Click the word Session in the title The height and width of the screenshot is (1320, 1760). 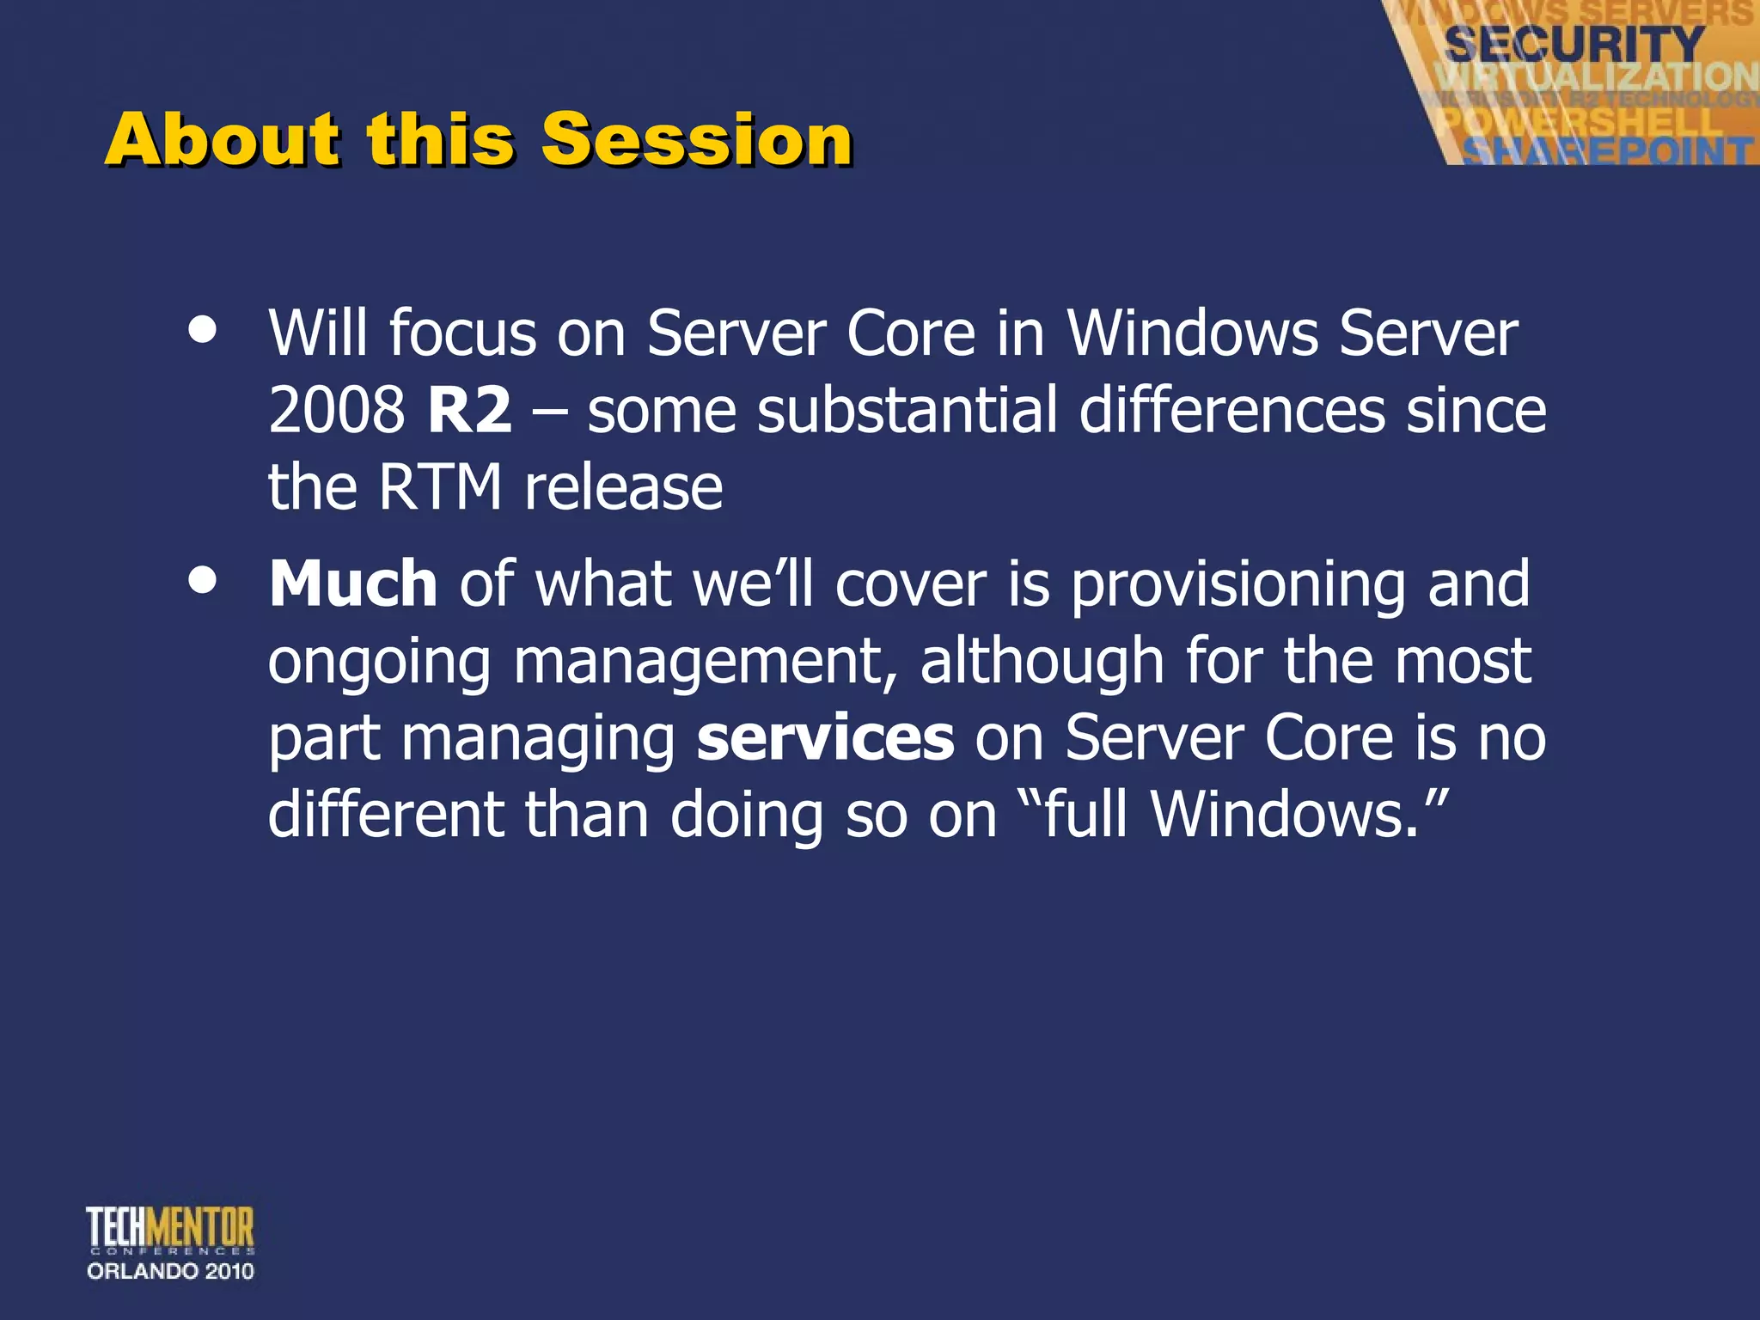[696, 139]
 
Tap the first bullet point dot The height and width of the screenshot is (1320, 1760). [203, 330]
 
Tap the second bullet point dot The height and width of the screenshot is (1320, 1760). [203, 580]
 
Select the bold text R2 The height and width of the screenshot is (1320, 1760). [469, 410]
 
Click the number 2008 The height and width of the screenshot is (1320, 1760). [336, 410]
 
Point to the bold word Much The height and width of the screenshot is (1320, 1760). [353, 584]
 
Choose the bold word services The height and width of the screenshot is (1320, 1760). [825, 737]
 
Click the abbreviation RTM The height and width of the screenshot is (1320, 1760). [440, 487]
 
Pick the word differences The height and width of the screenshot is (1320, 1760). [1231, 410]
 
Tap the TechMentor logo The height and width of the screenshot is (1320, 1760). [170, 1229]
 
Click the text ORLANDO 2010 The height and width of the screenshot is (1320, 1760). [170, 1271]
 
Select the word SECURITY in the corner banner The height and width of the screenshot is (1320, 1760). [1574, 43]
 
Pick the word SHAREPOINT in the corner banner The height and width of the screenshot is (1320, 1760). [1607, 151]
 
